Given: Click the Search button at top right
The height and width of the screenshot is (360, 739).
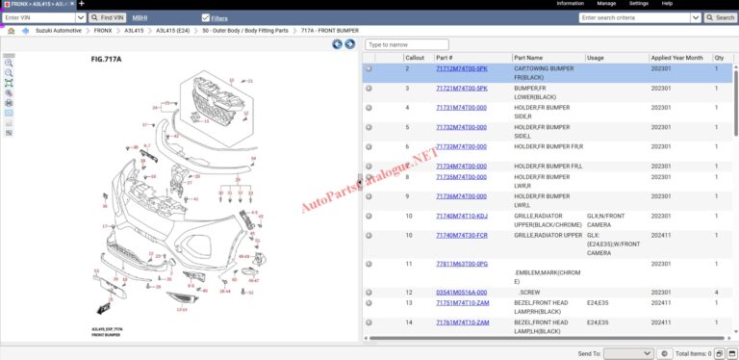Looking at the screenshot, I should pos(722,17).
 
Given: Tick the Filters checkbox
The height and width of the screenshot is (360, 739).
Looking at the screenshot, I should pos(206,17).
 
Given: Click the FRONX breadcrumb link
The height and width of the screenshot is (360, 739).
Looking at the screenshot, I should pos(102,31).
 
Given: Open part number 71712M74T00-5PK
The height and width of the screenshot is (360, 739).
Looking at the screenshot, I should pos(461,69).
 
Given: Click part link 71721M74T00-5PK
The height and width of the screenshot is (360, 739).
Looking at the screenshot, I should pos(461,88).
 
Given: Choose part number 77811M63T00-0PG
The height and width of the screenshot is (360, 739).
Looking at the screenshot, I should pos(461,263).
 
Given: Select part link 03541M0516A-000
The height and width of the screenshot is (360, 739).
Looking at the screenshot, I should pos(461,292).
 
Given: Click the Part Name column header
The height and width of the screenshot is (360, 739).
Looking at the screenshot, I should pos(534,58).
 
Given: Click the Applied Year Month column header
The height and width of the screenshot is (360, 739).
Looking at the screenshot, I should pos(676,58).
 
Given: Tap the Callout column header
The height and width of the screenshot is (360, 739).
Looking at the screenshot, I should pos(415,58).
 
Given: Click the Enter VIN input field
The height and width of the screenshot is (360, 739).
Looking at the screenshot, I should pos(44,17).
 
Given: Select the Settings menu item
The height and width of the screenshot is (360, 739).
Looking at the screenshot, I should pos(638,4).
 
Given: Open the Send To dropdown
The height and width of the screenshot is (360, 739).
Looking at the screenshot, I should pos(627,353).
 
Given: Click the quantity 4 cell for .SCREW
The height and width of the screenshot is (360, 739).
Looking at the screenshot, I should pos(717,292).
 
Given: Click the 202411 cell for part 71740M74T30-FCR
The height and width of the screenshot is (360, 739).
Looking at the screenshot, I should pos(662,235).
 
